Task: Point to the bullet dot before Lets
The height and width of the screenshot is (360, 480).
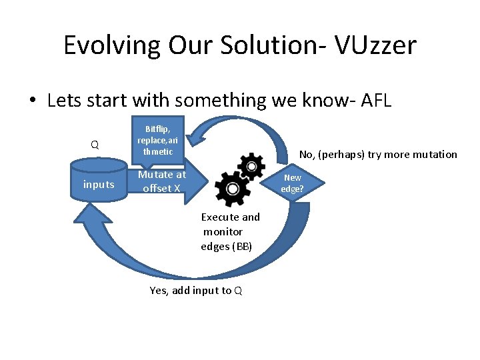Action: [x=32, y=101]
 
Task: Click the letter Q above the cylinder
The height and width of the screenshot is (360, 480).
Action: [x=95, y=145]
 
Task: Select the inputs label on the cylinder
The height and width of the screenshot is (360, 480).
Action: [x=99, y=185]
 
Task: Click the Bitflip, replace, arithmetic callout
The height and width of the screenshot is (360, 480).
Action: [x=157, y=140]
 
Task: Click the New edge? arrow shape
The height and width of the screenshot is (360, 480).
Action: [x=291, y=183]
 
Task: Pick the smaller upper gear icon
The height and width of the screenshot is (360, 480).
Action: [x=251, y=165]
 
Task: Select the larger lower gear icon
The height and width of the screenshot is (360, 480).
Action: [x=231, y=188]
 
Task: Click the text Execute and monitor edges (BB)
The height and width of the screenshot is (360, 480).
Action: [x=229, y=232]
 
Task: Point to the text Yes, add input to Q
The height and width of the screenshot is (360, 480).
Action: [x=196, y=290]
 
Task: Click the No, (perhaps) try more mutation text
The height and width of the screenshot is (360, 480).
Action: [x=378, y=155]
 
